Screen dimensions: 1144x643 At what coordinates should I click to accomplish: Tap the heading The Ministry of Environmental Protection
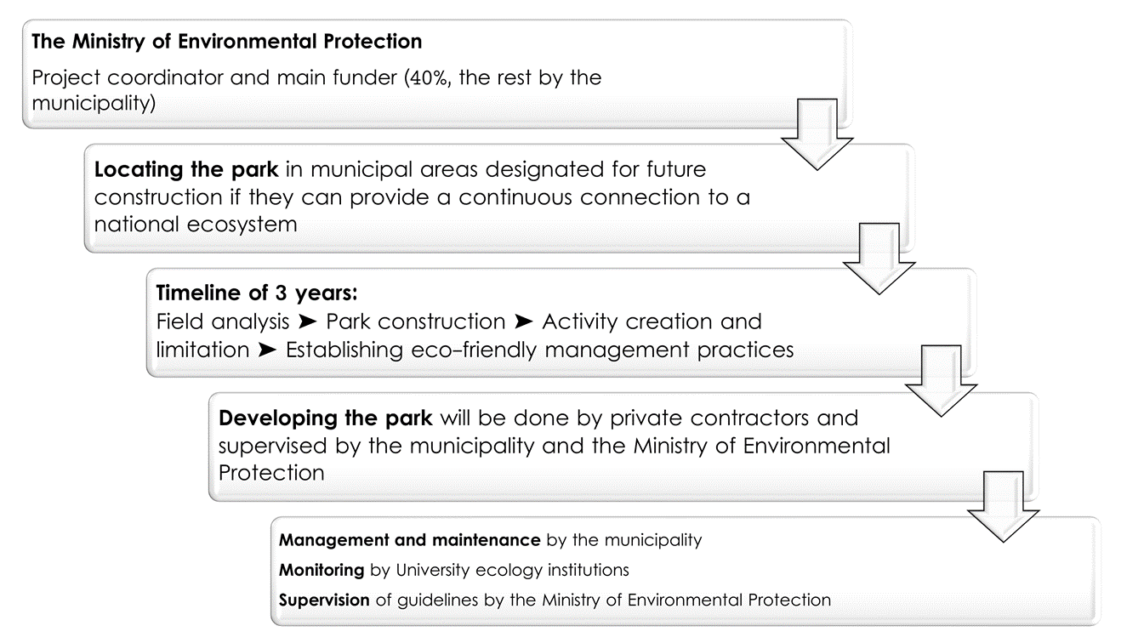tap(227, 42)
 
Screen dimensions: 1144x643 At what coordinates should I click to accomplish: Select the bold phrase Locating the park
tap(186, 169)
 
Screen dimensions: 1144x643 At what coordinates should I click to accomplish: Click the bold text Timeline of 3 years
tap(257, 293)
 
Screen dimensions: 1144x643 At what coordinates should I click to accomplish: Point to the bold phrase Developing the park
tap(325, 418)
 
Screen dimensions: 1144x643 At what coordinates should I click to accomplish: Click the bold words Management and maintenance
tap(410, 540)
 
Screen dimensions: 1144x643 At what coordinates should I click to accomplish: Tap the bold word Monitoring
tap(322, 570)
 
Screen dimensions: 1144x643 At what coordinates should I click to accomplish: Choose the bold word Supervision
tap(324, 600)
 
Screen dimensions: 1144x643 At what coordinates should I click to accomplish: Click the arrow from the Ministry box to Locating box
tap(817, 134)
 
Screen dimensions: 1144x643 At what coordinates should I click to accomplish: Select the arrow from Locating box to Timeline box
tap(879, 259)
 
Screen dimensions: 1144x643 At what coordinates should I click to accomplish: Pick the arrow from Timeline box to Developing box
tap(941, 381)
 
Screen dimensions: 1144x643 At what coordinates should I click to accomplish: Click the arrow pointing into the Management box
tap(1003, 507)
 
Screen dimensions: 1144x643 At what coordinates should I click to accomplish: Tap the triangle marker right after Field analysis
tap(307, 321)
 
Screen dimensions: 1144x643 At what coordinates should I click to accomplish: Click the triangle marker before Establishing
tap(267, 350)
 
